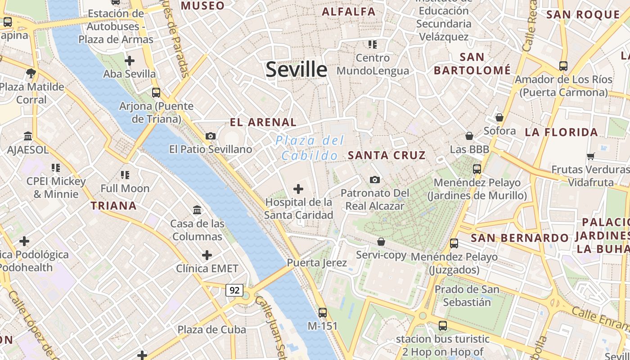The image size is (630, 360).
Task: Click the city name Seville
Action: pyautogui.click(x=296, y=69)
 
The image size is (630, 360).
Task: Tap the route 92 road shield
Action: pyautogui.click(x=234, y=290)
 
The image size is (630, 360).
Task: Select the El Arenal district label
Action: pyautogui.click(x=263, y=122)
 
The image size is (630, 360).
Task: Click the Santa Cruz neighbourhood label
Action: pyautogui.click(x=387, y=155)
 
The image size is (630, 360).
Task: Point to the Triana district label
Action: pyautogui.click(x=113, y=206)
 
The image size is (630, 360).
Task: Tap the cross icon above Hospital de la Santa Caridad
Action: pyautogui.click(x=298, y=189)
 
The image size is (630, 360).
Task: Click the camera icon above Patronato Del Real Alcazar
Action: pyautogui.click(x=374, y=180)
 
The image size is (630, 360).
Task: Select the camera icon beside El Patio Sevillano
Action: pyautogui.click(x=210, y=136)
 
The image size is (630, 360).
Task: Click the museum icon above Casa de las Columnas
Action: pyautogui.click(x=197, y=210)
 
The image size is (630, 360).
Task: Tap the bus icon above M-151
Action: pyautogui.click(x=322, y=312)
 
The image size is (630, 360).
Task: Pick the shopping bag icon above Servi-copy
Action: pyautogui.click(x=381, y=242)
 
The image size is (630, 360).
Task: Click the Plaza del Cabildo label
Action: pyautogui.click(x=310, y=148)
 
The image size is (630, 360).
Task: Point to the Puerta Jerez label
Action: pyautogui.click(x=317, y=263)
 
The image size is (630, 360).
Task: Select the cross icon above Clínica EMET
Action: pyautogui.click(x=207, y=256)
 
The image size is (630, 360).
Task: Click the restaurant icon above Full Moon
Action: pyautogui.click(x=125, y=175)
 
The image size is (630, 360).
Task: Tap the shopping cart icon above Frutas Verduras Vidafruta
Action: pyautogui.click(x=590, y=156)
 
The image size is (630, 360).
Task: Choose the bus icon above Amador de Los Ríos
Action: pyautogui.click(x=563, y=66)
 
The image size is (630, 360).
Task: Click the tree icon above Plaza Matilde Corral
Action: pyautogui.click(x=31, y=73)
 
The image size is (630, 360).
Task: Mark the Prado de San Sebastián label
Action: pyautogui.click(x=467, y=295)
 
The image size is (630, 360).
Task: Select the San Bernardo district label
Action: pyautogui.click(x=520, y=238)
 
